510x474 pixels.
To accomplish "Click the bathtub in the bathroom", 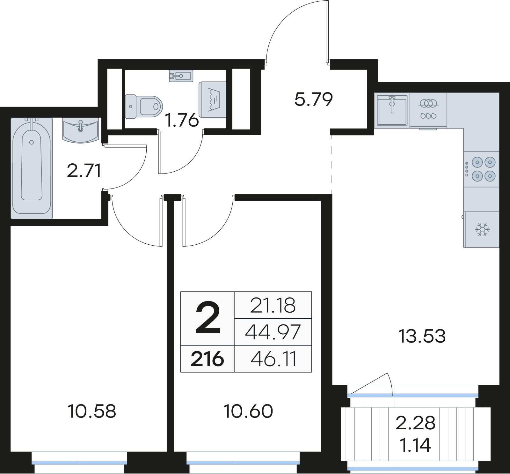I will click(x=32, y=168).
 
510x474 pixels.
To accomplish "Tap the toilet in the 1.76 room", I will click(x=144, y=106).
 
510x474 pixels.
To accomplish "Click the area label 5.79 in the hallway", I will click(x=313, y=99).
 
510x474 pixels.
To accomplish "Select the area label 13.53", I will click(x=422, y=336).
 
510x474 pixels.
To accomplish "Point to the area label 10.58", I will click(x=91, y=411).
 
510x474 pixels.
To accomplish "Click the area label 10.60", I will click(x=248, y=411).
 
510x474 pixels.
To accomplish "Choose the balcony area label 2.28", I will click(x=415, y=423).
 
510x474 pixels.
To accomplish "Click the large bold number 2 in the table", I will click(x=208, y=318).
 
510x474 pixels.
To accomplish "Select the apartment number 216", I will click(x=208, y=359).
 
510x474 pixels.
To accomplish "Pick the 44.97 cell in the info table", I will click(x=273, y=332).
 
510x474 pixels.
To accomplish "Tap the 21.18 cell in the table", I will click(x=273, y=305).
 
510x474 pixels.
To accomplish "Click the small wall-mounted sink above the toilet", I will click(x=181, y=76).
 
